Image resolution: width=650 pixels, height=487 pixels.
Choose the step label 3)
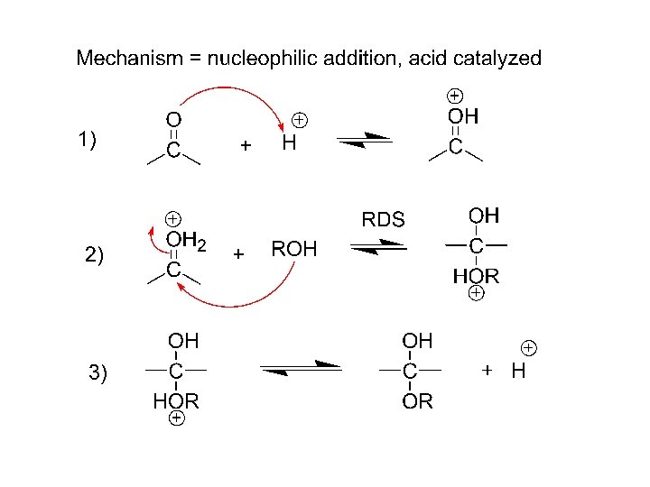[x=97, y=372]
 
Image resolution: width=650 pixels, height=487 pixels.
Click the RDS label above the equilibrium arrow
[x=384, y=218]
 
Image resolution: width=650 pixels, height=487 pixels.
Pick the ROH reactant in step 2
[x=294, y=250]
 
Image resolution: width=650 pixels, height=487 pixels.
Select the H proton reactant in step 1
[x=289, y=144]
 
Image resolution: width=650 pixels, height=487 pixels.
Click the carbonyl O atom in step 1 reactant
[x=172, y=119]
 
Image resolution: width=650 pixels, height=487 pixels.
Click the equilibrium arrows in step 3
[x=301, y=367]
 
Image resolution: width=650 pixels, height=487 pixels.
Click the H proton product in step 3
[x=518, y=371]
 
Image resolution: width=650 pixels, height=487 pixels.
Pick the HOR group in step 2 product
[x=476, y=275]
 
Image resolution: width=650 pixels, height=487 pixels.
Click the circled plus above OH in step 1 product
[x=456, y=95]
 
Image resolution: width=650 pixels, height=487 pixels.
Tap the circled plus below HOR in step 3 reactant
[x=177, y=419]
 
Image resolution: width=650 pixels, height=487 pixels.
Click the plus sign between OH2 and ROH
[x=238, y=254]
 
